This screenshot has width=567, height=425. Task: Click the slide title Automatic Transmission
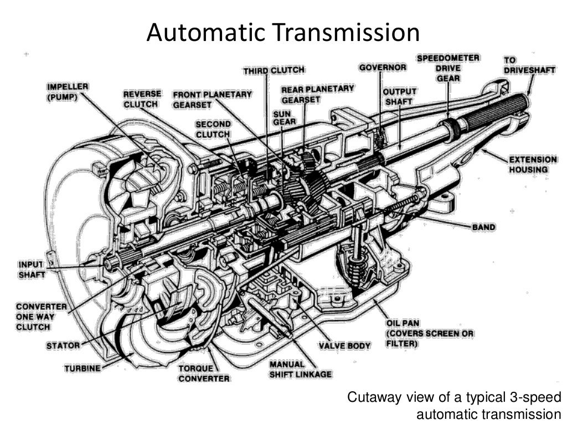pos(283,33)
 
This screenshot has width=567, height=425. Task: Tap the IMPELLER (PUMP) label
pos(68,92)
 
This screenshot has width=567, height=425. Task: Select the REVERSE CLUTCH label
pos(142,99)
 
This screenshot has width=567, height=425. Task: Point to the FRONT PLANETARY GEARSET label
pos(212,99)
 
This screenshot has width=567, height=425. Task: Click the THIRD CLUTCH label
pos(274,70)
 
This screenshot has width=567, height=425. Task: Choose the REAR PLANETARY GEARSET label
pos(317,94)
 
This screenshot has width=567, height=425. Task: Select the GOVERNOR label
pos(383,68)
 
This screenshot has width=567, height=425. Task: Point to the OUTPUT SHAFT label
pos(400,96)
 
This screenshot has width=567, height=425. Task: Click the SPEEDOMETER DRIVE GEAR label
pos(448,68)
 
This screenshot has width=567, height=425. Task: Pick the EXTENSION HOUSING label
pos(533,164)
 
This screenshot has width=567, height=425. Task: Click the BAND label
pos(483,227)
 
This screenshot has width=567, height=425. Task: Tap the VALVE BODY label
pos(344,346)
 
